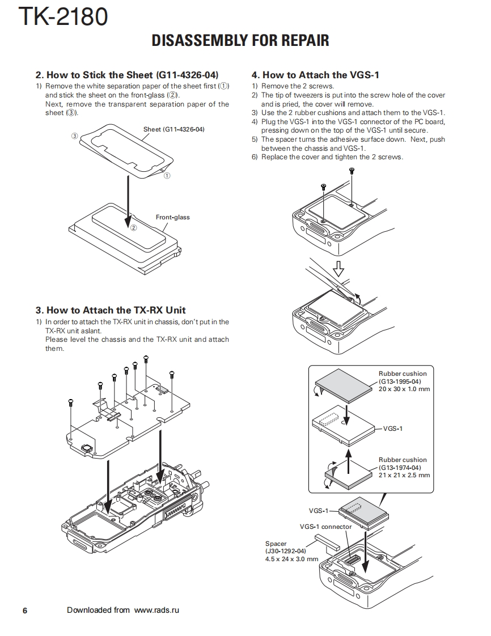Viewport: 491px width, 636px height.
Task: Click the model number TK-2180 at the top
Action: point(63,16)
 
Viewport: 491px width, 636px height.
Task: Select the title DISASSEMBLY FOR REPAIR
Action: point(240,41)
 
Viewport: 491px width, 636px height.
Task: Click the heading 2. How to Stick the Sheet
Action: point(127,75)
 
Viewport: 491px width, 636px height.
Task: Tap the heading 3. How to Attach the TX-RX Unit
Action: point(111,310)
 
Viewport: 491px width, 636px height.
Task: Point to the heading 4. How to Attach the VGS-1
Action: point(315,75)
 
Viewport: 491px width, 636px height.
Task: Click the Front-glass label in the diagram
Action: point(172,217)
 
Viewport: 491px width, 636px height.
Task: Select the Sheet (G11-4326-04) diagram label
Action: point(173,129)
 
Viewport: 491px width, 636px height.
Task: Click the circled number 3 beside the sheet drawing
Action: point(74,136)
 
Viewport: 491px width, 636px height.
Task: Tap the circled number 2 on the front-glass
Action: point(133,228)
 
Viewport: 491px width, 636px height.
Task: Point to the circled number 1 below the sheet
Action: point(167,176)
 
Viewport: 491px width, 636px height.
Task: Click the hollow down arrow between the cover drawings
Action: point(338,267)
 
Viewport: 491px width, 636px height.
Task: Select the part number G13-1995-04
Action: point(400,381)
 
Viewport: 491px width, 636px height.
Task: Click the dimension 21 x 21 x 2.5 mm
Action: point(404,475)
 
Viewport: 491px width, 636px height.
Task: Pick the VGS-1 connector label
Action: point(325,527)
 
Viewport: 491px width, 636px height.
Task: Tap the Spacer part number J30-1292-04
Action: point(286,551)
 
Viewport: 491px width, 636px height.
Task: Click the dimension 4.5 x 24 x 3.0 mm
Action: point(291,559)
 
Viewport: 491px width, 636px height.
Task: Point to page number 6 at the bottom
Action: point(24,610)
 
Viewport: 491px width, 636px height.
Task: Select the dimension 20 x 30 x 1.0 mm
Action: point(404,389)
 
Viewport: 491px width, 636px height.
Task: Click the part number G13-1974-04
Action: point(400,468)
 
